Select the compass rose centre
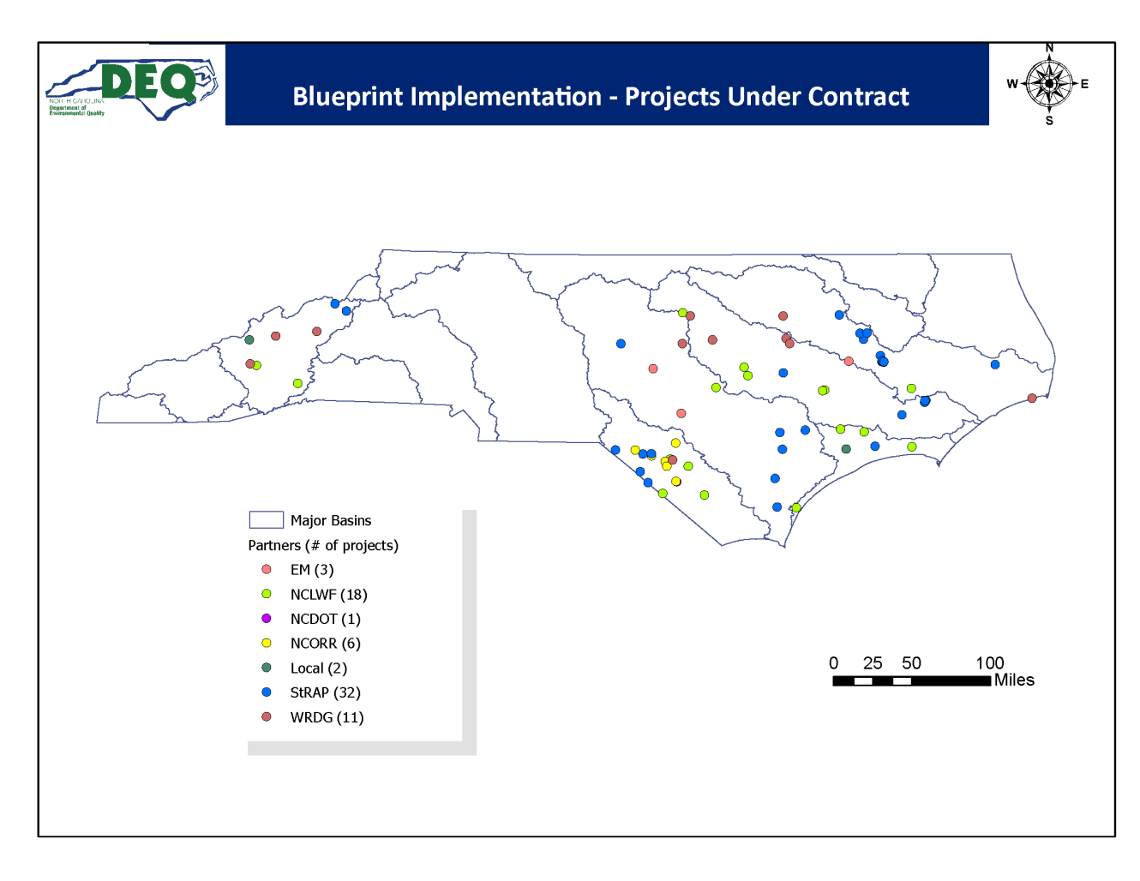coord(1049,84)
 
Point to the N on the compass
coord(1049,48)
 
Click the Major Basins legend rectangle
coord(266,520)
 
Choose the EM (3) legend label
coord(312,570)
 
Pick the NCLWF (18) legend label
coord(328,595)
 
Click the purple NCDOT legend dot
coord(267,619)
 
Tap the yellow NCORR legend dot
coord(267,644)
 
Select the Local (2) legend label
coord(318,668)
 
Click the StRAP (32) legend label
coord(325,692)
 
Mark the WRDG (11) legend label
coord(327,717)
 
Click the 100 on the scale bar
coord(989,663)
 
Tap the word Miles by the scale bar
coord(1014,680)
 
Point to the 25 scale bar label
coord(873,663)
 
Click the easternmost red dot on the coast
coord(1032,399)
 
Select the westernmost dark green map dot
coord(249,340)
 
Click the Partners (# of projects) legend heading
coord(323,546)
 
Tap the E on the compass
coord(1084,84)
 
